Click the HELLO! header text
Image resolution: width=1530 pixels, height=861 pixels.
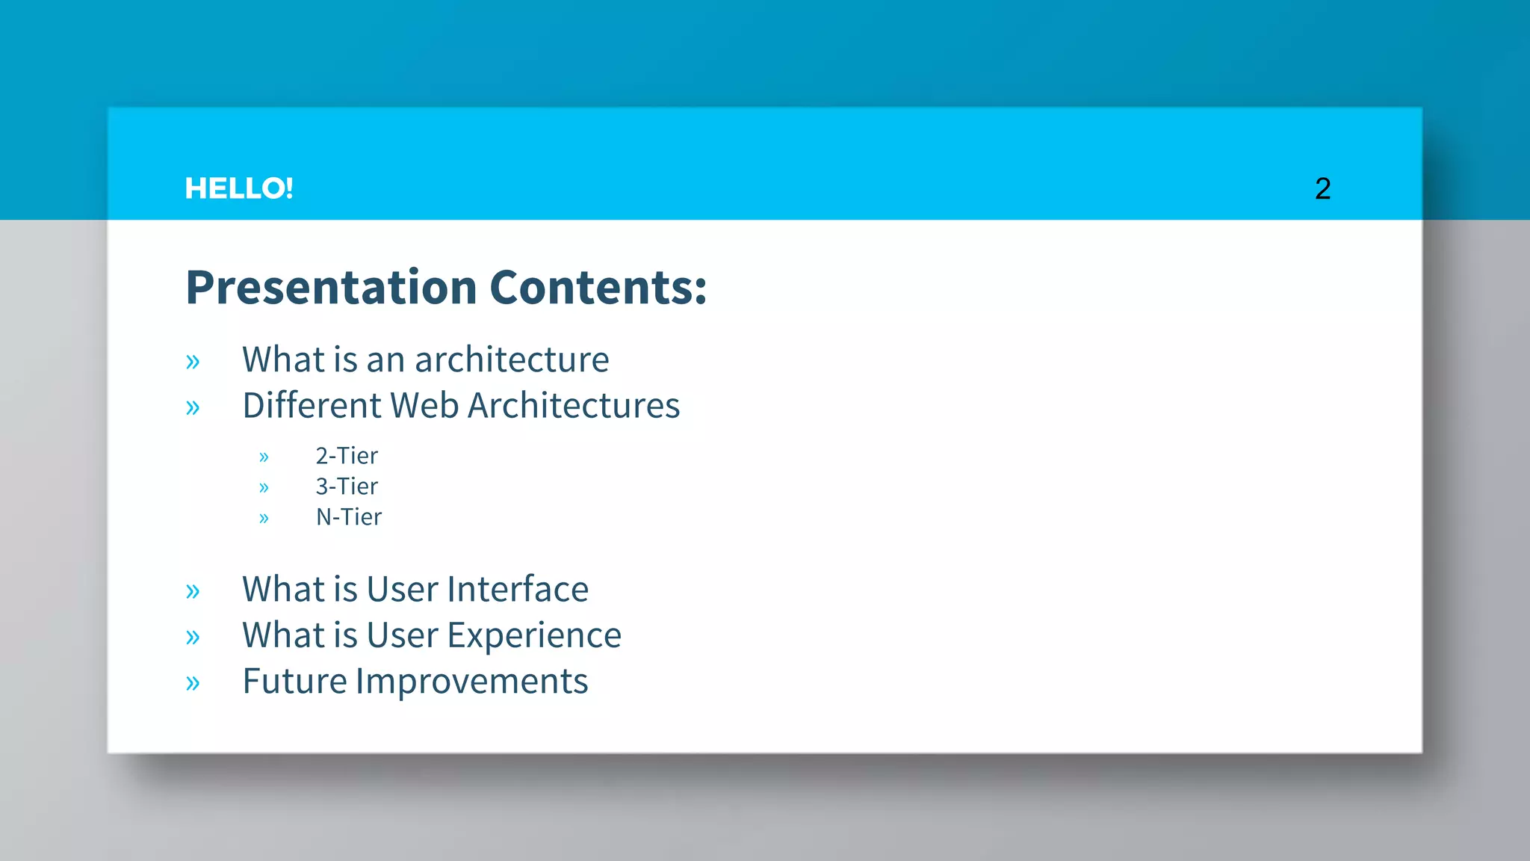[x=238, y=188]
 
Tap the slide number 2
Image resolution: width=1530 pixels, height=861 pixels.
[x=1322, y=188]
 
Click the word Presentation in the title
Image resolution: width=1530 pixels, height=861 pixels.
[x=331, y=288]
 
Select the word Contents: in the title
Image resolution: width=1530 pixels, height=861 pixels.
[x=598, y=288]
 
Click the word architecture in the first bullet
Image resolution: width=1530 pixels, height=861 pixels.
[x=512, y=360]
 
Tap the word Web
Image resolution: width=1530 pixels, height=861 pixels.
[x=424, y=406]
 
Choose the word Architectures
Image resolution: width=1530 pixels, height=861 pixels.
[x=574, y=406]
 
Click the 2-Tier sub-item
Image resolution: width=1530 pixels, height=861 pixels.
[x=347, y=456]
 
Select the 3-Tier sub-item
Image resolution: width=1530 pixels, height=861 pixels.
[x=347, y=487]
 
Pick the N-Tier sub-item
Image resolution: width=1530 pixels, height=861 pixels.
[x=349, y=517]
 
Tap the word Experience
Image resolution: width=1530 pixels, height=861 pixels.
[x=534, y=636]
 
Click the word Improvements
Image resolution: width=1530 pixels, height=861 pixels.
[x=471, y=682]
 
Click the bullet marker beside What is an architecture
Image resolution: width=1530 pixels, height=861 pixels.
[x=193, y=362]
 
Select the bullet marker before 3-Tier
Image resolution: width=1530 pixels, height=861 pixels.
[x=264, y=488]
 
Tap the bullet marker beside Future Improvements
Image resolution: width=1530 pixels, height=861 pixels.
[x=193, y=683]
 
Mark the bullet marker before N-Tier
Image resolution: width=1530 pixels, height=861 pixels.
[x=264, y=519]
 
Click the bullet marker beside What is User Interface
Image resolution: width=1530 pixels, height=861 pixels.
[x=193, y=592]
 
